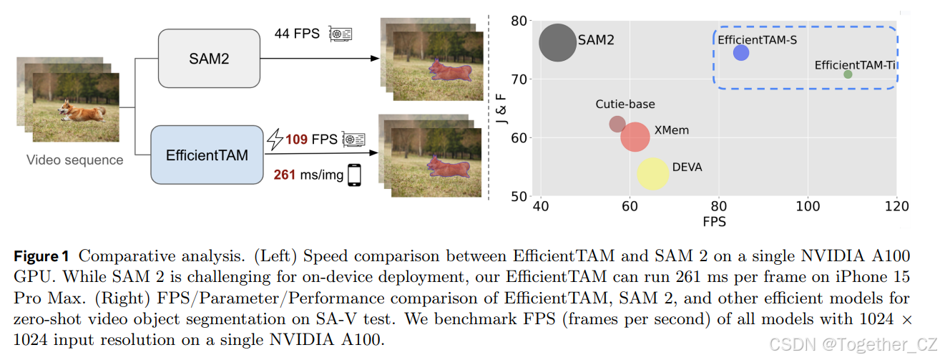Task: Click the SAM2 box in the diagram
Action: [x=209, y=59]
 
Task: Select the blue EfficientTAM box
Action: [x=207, y=155]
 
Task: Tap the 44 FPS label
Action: [x=297, y=34]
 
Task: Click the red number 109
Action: [x=297, y=139]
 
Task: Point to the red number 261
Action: [x=285, y=175]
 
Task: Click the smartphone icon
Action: [x=354, y=175]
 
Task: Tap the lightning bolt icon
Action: [x=275, y=139]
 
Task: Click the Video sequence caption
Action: [x=74, y=160]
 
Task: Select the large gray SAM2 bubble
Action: [x=557, y=43]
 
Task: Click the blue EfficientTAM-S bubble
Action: [x=741, y=53]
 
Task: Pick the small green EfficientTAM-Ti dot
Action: [x=848, y=74]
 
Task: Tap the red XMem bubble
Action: [x=635, y=137]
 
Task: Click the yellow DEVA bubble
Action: [x=652, y=174]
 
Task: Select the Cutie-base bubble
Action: [x=617, y=124]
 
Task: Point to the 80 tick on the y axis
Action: [x=519, y=21]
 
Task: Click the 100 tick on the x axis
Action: [x=808, y=207]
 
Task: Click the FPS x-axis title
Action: [x=713, y=222]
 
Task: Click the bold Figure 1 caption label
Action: [x=44, y=256]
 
